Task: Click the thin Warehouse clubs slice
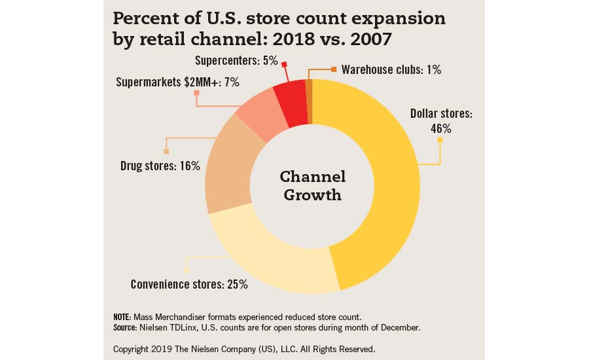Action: tap(309, 101)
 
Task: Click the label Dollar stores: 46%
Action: tap(441, 121)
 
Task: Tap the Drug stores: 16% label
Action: tap(160, 166)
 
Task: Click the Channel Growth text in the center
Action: tap(313, 186)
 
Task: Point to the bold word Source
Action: tap(126, 326)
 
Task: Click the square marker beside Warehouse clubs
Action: tap(334, 69)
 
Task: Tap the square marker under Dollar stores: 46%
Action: tap(440, 139)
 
